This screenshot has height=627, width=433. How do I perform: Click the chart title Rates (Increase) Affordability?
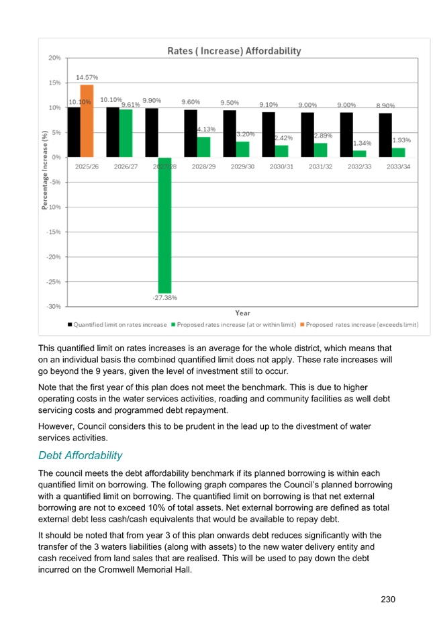(x=234, y=51)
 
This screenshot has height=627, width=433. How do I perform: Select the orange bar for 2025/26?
(x=87, y=121)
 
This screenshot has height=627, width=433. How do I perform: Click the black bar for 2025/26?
(x=74, y=132)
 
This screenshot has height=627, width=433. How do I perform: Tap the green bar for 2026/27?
(x=126, y=133)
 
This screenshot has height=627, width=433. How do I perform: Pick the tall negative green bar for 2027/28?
(x=164, y=224)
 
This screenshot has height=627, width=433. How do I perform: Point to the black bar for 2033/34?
(x=385, y=135)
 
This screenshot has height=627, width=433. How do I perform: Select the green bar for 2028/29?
(x=203, y=146)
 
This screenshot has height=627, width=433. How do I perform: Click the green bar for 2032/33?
(x=359, y=153)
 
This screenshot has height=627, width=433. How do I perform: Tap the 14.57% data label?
(x=88, y=77)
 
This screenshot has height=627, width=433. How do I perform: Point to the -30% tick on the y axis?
(x=54, y=306)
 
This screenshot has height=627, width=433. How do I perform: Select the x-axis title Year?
(x=242, y=313)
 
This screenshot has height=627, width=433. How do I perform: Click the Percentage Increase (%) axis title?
(x=44, y=171)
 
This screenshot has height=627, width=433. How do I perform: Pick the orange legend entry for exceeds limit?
(x=361, y=325)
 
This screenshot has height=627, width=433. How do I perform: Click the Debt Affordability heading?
(x=80, y=455)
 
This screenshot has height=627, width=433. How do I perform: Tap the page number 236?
(x=387, y=599)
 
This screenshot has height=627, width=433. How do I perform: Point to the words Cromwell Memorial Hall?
(x=154, y=570)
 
